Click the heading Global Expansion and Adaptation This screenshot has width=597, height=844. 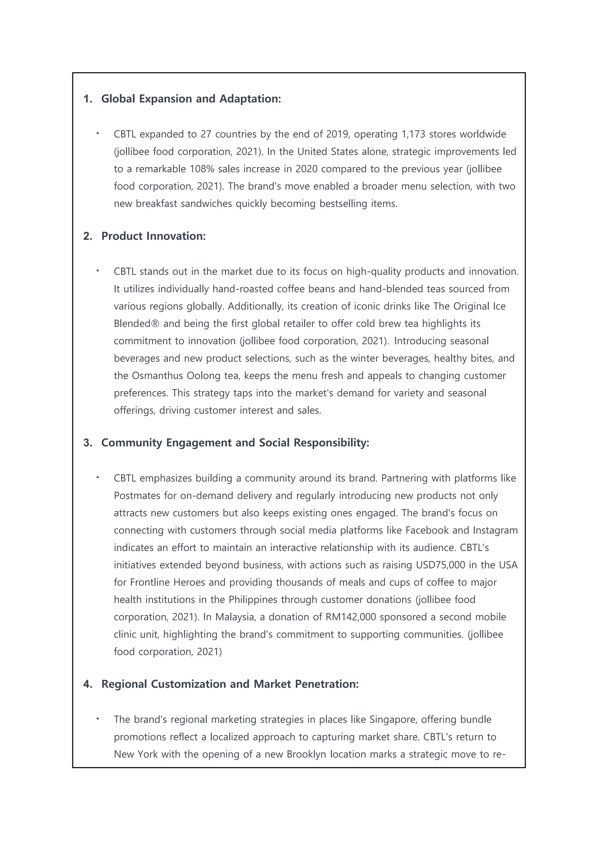tap(191, 99)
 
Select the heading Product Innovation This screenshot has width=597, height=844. tap(153, 236)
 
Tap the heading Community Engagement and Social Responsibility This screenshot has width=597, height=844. tap(235, 443)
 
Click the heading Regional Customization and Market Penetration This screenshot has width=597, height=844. tap(230, 684)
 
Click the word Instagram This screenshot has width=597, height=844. tap(495, 530)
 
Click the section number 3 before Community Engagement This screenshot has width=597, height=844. tap(87, 443)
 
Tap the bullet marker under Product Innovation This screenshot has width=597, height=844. tap(98, 271)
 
